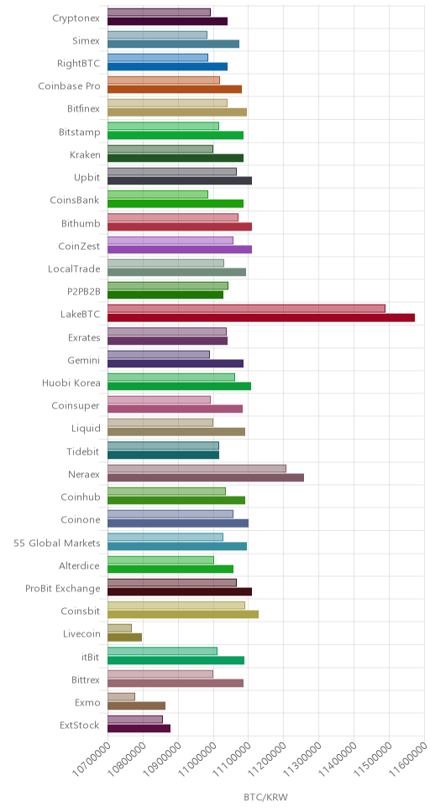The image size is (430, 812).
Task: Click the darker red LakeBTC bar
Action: point(261,317)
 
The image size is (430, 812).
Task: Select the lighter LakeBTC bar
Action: point(246,309)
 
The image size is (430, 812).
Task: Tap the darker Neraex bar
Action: point(206,477)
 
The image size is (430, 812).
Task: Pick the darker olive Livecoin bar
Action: point(124,637)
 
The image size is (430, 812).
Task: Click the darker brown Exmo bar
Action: point(136,705)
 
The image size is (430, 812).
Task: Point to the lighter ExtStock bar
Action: point(135,719)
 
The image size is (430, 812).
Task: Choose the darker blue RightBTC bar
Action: point(167,66)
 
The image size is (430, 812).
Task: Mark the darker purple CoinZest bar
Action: point(180,249)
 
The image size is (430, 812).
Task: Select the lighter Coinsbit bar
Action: point(176,606)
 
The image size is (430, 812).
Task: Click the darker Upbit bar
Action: point(180,180)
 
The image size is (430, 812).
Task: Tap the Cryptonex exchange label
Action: point(76,18)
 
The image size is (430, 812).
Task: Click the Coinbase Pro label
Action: point(69,86)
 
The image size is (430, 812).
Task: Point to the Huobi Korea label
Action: point(71,383)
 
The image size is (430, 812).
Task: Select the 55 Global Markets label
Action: point(57,544)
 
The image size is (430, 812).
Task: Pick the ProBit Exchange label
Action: point(63,589)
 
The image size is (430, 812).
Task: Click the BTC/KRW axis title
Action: point(265,796)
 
